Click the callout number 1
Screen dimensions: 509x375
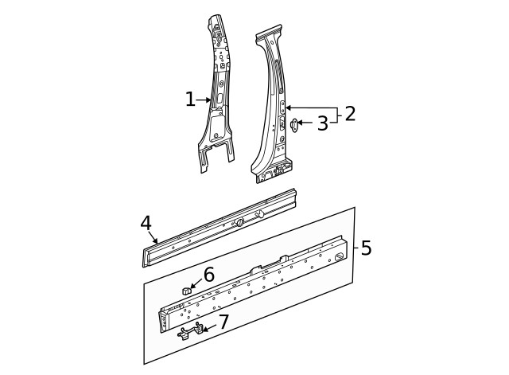pos(191,99)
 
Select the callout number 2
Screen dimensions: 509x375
pos(350,114)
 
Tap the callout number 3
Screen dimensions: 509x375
pos(323,123)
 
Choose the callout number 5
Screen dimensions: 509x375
pos(366,248)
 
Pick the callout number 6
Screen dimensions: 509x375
pos(208,274)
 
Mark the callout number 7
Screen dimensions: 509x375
pos(224,322)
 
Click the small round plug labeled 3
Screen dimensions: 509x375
pos(293,125)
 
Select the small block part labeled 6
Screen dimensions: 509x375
pos(186,290)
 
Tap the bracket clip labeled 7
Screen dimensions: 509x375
pos(190,331)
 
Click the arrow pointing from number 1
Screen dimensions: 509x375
pos(204,100)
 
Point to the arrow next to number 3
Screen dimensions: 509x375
pos(305,123)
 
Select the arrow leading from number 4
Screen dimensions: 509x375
pos(153,237)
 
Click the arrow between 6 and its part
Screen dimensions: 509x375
pos(196,283)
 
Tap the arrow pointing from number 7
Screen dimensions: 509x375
pos(209,328)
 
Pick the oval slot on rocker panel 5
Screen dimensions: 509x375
pos(340,256)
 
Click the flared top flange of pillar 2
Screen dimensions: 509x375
pos(269,33)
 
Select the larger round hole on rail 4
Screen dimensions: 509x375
pos(240,222)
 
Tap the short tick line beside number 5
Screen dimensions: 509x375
pos(356,248)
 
